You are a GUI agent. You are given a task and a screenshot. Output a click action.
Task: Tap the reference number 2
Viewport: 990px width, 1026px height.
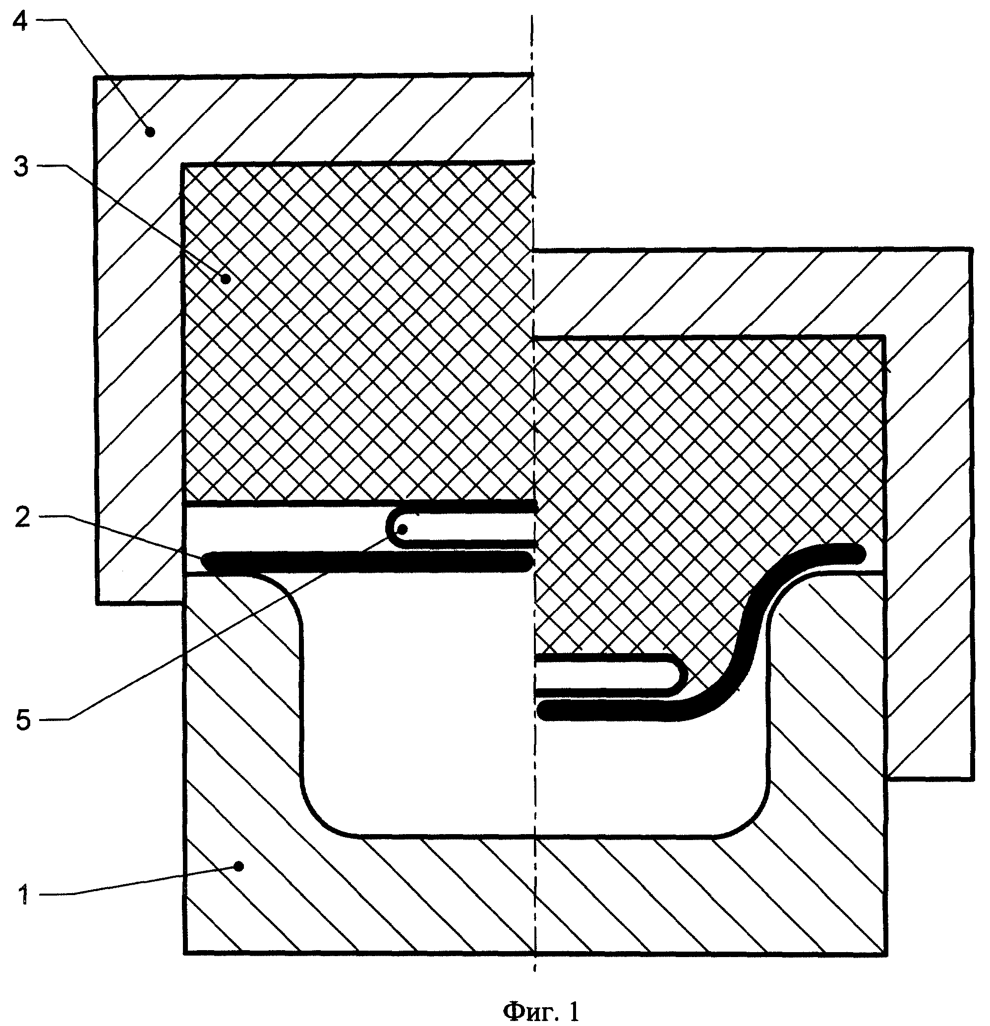point(22,518)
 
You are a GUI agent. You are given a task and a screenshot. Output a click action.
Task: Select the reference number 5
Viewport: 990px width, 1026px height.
point(23,721)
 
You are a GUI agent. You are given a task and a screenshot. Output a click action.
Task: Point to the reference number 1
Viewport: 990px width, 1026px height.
point(23,895)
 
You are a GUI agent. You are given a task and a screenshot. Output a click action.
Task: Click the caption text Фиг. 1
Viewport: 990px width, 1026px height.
point(541,1011)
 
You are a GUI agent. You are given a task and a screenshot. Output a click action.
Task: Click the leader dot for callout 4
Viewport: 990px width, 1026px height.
point(150,132)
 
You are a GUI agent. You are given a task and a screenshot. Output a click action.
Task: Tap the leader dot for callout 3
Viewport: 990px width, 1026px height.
point(226,279)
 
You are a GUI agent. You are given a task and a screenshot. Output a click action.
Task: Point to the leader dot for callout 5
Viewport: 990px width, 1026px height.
point(403,530)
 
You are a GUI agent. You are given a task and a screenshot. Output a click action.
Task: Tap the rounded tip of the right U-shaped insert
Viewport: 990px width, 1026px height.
point(685,676)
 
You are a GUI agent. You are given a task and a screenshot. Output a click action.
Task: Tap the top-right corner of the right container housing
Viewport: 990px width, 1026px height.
point(972,249)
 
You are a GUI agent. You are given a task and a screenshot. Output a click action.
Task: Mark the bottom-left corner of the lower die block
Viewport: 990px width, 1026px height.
point(185,953)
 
